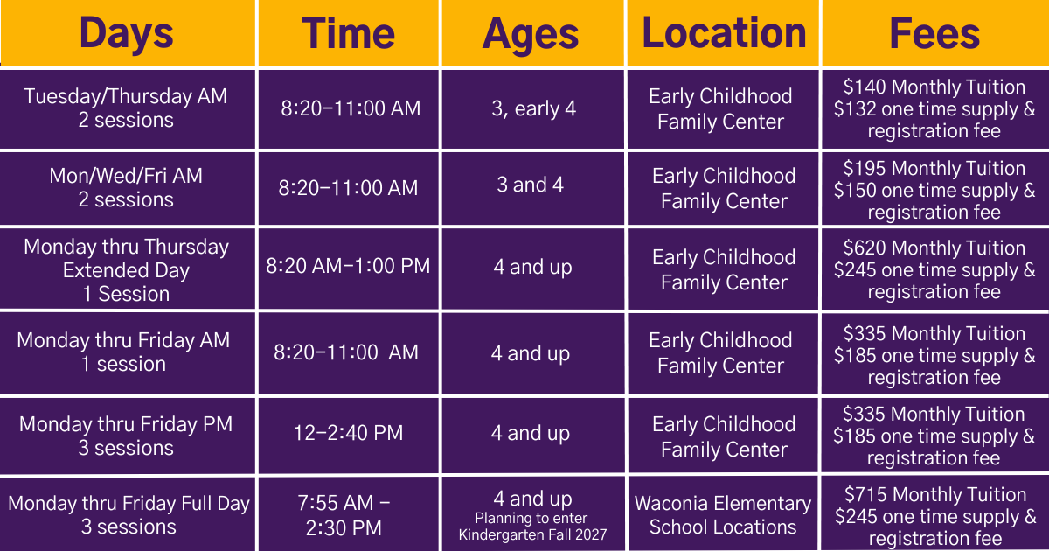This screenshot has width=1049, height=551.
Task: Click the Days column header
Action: tap(127, 33)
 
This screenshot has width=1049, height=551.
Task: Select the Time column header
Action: tap(349, 33)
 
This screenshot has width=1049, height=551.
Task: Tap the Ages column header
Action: tap(531, 33)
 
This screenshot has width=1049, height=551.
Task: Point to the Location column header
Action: tap(724, 33)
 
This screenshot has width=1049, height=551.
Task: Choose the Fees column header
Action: tap(934, 33)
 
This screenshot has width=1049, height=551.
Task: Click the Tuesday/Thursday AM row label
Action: tap(126, 108)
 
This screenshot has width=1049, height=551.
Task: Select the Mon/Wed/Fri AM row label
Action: tap(126, 187)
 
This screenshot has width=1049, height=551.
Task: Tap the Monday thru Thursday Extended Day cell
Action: tap(126, 270)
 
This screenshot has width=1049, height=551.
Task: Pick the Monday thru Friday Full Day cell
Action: tap(129, 515)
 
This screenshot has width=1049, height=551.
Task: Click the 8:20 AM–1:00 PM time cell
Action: tap(348, 266)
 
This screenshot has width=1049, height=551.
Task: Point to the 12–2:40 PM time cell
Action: tap(349, 433)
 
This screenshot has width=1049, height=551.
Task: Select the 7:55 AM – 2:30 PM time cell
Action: tap(348, 515)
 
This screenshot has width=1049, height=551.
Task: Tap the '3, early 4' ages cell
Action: tap(533, 109)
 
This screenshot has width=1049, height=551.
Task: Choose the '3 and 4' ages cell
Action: tap(530, 185)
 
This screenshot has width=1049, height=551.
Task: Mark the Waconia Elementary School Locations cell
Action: tap(723, 515)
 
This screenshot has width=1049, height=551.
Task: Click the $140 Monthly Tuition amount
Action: tap(934, 87)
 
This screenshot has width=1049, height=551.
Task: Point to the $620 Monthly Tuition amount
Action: tap(934, 248)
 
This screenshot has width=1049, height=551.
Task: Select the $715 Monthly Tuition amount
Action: tap(934, 495)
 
